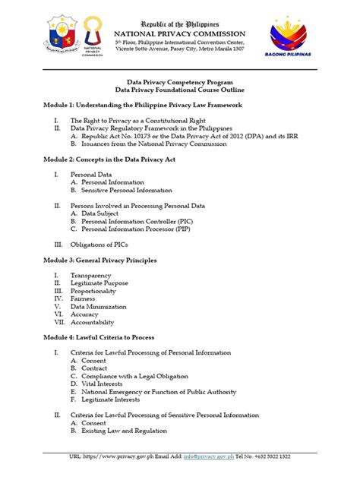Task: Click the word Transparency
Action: pyautogui.click(x=91, y=275)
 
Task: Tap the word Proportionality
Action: pyautogui.click(x=93, y=290)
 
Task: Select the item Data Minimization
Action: pyautogui.click(x=99, y=306)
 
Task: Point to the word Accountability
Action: pyautogui.click(x=95, y=321)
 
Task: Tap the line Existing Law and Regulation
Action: pyautogui.click(x=123, y=431)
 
